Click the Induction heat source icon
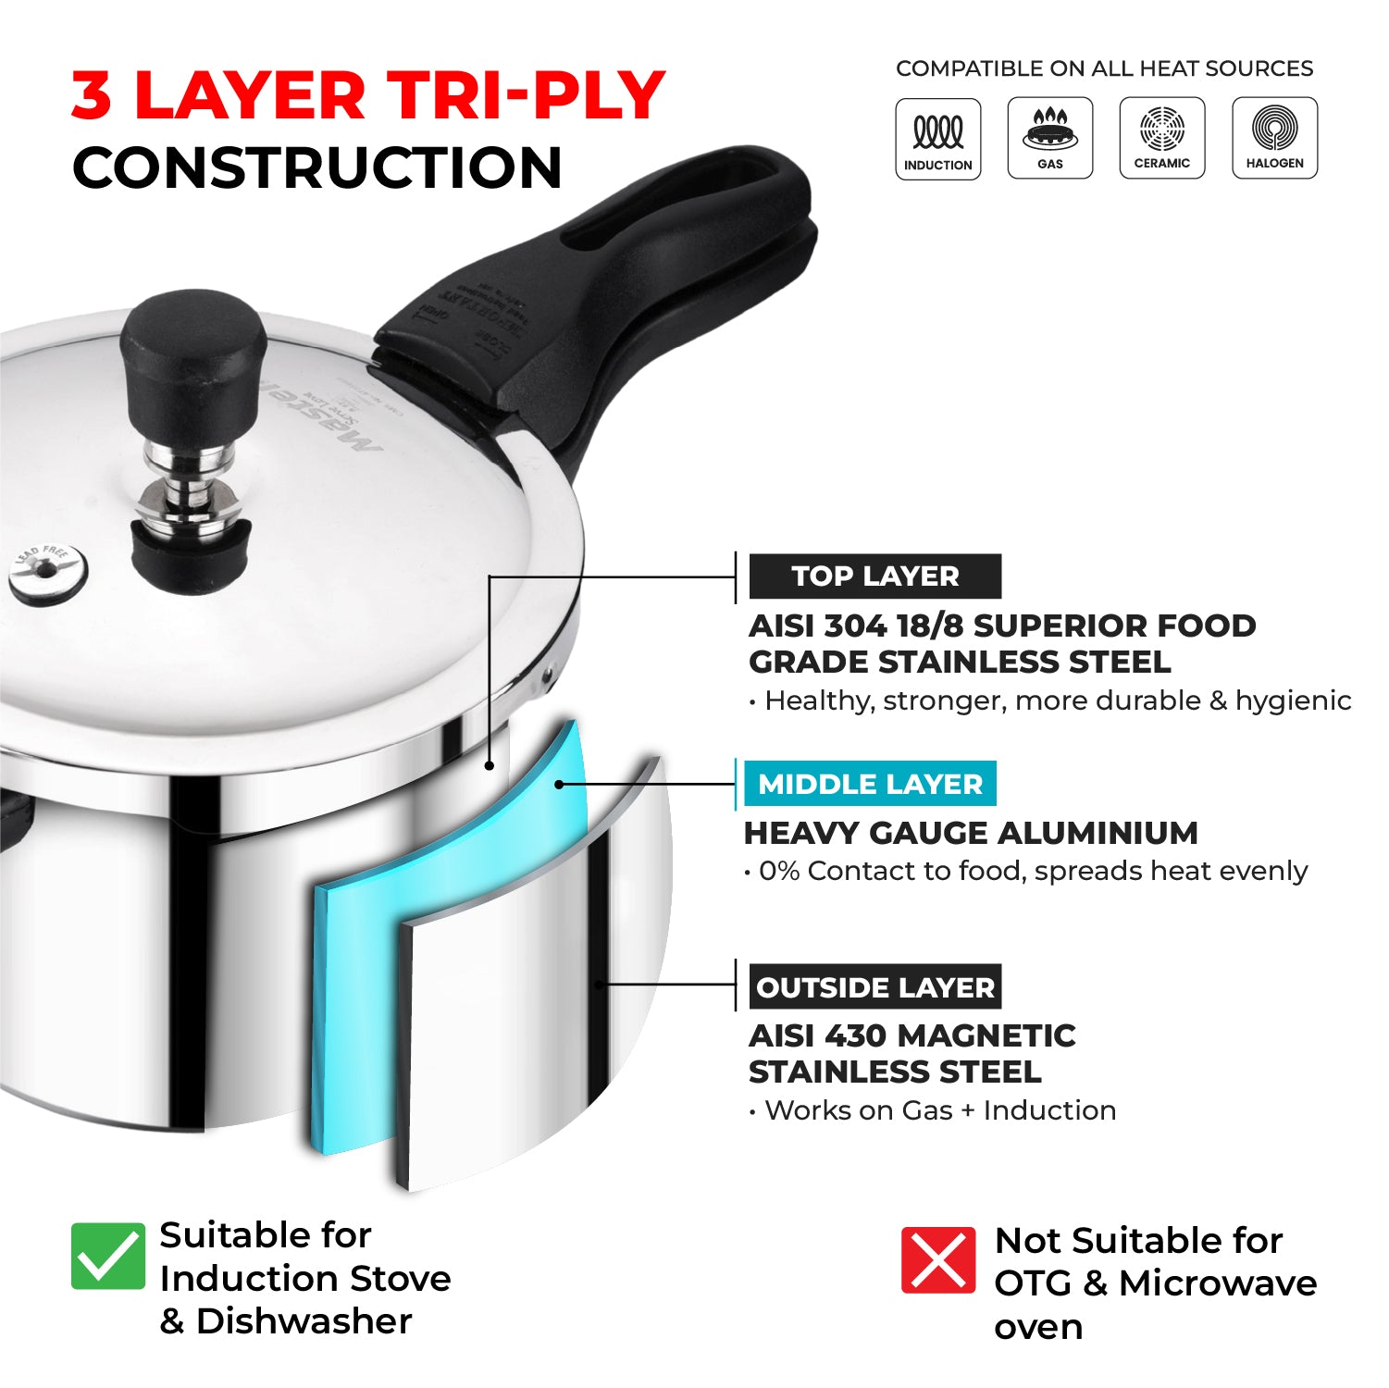coord(937,139)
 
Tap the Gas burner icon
coord(1049,138)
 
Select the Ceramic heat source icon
coord(1161,138)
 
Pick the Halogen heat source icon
coord(1274,138)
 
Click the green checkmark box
coord(108,1256)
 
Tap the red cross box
coord(937,1259)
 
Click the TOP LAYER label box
coord(874,576)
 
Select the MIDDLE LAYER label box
coord(870,784)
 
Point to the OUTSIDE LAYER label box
coord(874,987)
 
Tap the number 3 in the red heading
coord(92,95)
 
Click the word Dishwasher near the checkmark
coord(304,1320)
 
